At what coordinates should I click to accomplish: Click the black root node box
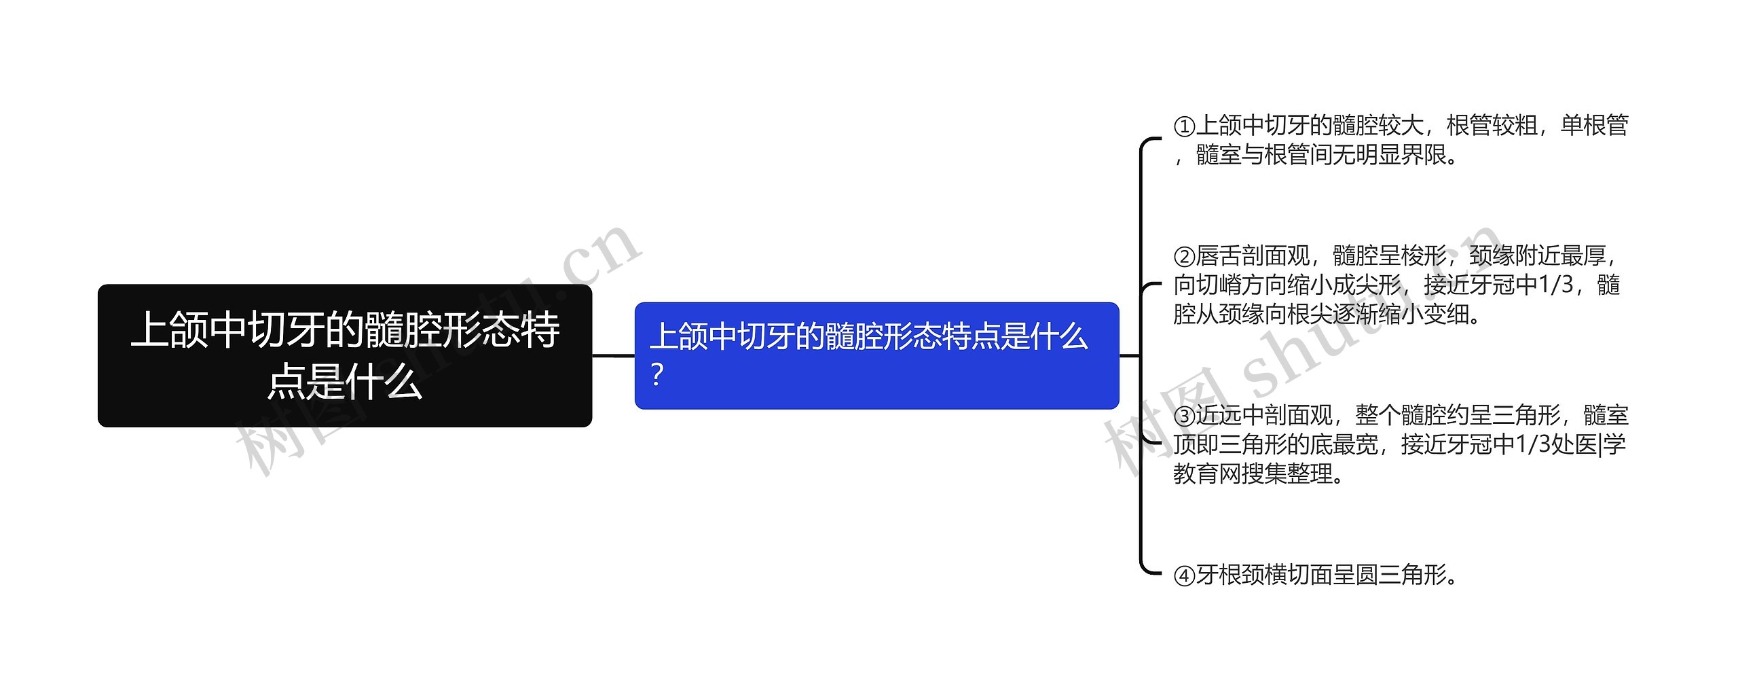(x=345, y=355)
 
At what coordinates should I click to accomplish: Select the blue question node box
(x=876, y=355)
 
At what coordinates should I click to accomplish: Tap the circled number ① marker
(x=1184, y=127)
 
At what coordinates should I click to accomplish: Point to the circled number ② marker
(x=1184, y=257)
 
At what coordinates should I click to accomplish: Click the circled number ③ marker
(x=1184, y=416)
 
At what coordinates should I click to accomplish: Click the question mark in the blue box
(x=657, y=375)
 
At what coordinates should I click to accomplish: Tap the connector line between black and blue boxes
(x=613, y=355)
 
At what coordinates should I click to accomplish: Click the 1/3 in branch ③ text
(x=1532, y=445)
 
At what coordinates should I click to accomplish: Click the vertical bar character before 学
(x=1600, y=445)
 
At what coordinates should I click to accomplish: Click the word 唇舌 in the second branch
(x=1219, y=257)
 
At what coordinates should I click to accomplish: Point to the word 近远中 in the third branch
(x=1229, y=416)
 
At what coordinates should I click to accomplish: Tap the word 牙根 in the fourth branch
(x=1219, y=576)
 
